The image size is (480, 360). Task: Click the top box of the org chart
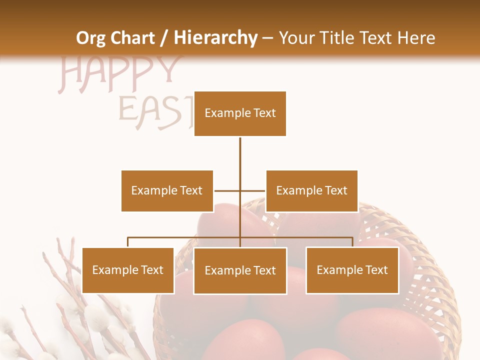point(240,113)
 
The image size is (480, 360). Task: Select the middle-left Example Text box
point(167,190)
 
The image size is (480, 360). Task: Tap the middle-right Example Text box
point(311,190)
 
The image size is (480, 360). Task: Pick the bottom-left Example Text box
point(128,270)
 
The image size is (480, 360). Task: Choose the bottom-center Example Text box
point(240,270)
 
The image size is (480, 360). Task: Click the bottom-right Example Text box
point(352,270)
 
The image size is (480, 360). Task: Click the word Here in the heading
point(416,38)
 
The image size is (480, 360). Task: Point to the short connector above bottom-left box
point(128,242)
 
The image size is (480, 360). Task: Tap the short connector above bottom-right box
point(352,242)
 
